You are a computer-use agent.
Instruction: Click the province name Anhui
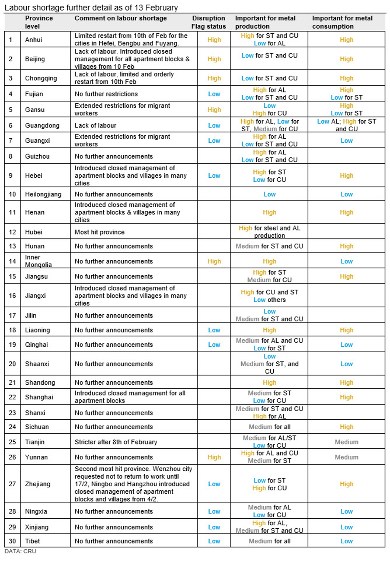point(33,40)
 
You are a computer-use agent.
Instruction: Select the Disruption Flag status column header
point(208,22)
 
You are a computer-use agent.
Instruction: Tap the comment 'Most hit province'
point(100,232)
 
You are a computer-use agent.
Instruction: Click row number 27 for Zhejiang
point(12,484)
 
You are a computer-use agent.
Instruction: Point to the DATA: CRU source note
point(20,551)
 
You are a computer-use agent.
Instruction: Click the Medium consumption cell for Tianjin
point(346,442)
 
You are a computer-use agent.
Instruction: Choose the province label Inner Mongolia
point(38,261)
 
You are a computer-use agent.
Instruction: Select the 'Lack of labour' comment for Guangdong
point(95,125)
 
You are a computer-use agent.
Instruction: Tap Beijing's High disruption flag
point(214,59)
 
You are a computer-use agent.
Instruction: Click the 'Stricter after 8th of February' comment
point(116,442)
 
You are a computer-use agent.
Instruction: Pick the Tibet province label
point(32,541)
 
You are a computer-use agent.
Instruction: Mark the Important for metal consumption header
point(342,22)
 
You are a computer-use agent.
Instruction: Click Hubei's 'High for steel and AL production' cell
point(270,232)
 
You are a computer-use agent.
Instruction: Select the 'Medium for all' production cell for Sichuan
point(270,427)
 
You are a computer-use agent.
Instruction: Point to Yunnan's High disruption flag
point(214,457)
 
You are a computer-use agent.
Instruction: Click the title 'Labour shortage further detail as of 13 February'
point(91,7)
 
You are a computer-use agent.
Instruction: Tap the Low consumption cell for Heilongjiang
point(346,194)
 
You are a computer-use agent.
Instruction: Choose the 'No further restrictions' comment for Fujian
point(106,94)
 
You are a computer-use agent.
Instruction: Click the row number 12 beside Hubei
point(12,232)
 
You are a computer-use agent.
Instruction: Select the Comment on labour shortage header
point(120,18)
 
